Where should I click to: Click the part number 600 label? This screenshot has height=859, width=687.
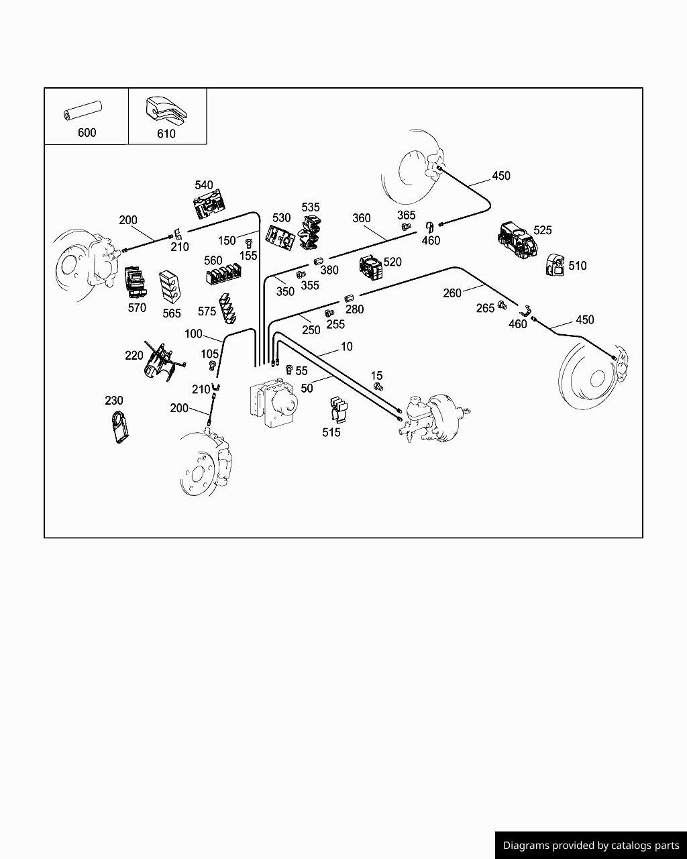coord(87,132)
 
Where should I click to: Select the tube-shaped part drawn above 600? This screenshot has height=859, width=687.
coord(82,111)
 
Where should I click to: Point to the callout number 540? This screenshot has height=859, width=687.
coord(204,185)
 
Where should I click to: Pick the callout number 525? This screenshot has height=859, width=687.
coord(542,230)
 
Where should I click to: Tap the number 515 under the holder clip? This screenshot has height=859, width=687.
coord(331,432)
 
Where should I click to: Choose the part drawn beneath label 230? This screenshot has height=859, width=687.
coord(119,427)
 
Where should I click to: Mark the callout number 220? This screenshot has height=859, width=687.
coord(134,356)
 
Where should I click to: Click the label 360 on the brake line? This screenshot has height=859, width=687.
coord(361,218)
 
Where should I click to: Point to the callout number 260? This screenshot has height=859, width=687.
coord(452,293)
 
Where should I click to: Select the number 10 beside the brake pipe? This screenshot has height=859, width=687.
coord(346,346)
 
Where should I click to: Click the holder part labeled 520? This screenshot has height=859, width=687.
coord(370,267)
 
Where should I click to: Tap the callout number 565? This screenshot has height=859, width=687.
coord(172,313)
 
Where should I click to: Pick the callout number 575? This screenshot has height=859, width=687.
coord(207,311)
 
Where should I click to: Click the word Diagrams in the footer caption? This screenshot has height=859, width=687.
coord(526,846)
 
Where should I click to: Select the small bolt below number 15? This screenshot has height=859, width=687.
coord(378,387)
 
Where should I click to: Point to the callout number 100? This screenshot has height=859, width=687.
coord(193,334)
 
